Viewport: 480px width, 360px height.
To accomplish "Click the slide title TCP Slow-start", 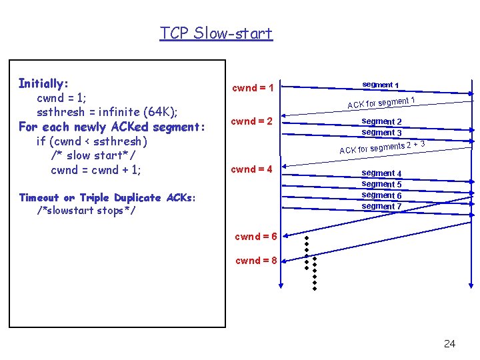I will point(216,33).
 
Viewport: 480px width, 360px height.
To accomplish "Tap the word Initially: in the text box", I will point(44,83).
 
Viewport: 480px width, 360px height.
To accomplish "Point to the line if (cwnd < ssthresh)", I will point(92,141).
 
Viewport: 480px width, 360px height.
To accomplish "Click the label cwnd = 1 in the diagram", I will point(253,88).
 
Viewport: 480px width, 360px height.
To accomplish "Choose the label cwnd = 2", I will point(253,121).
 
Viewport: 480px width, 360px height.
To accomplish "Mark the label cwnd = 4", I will point(252,169).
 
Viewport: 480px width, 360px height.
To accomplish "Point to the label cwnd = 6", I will point(257,237).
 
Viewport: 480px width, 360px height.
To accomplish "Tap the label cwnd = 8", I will point(257,261).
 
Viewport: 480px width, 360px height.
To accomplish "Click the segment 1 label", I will point(381,85).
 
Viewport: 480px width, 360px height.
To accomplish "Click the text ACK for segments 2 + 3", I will point(382,147).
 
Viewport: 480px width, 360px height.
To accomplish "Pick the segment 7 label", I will point(381,206).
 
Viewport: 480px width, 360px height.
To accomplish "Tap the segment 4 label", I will point(381,173).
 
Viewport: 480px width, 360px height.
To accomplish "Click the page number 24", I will point(449,343).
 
